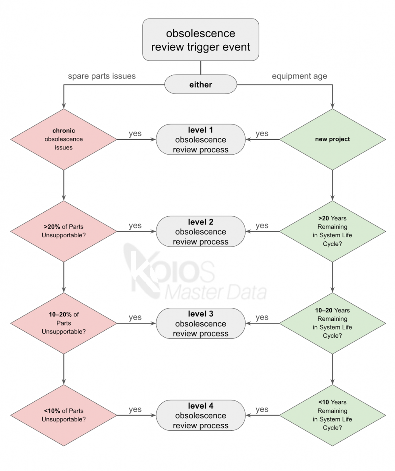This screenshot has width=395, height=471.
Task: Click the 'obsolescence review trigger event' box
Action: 200,39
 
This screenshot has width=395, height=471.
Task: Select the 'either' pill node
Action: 200,85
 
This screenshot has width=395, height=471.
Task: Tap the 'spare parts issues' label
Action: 102,76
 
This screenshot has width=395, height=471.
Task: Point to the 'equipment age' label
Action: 299,76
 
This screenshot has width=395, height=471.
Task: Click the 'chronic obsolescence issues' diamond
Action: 63,139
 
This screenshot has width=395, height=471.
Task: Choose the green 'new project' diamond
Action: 333,139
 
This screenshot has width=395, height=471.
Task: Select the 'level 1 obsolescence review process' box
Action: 200,139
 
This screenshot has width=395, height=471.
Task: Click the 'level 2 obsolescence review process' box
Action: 200,231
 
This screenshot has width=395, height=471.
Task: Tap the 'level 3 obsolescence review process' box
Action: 200,323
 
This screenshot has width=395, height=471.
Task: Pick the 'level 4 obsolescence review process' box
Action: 200,415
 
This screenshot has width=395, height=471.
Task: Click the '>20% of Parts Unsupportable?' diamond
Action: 63,231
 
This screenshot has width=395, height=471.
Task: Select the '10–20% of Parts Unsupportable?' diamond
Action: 63,323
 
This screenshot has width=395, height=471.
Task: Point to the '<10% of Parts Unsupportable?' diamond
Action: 63,415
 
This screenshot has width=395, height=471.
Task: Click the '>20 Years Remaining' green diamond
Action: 333,231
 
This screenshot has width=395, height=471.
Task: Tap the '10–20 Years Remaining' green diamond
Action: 333,323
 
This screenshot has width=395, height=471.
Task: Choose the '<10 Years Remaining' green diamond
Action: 333,415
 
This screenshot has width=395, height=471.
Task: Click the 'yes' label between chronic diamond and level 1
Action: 135,134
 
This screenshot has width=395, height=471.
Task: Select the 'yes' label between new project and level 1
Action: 262,134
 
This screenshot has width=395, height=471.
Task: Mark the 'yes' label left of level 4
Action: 135,409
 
